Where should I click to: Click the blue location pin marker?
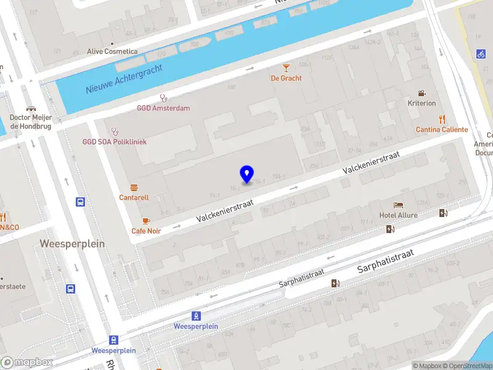click(246, 175)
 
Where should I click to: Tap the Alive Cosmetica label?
click(112, 52)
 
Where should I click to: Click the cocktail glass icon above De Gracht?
click(286, 67)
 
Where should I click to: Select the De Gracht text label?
click(286, 78)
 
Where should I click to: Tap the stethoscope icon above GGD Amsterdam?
click(163, 97)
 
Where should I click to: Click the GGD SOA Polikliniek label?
click(115, 142)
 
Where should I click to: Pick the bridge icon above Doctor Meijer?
click(30, 108)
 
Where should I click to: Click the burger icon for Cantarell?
click(134, 187)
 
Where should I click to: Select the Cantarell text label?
click(134, 198)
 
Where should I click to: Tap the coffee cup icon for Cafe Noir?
click(146, 220)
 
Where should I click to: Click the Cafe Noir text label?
click(146, 231)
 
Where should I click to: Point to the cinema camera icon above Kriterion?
click(422, 92)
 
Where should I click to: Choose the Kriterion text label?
click(422, 104)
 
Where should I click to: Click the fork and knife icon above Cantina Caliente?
click(442, 119)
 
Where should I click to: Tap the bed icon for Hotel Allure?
click(399, 205)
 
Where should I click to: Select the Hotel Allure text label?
click(399, 215)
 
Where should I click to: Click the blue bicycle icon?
click(481, 54)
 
